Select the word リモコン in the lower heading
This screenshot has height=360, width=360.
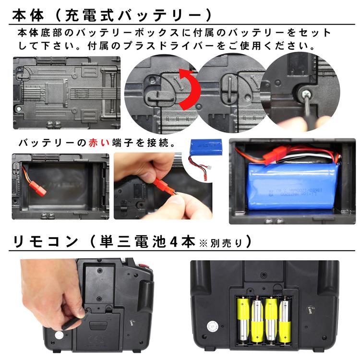[x=43, y=240]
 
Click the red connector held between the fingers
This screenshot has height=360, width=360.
[x=160, y=185]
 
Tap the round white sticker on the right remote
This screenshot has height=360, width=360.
[x=211, y=326]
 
